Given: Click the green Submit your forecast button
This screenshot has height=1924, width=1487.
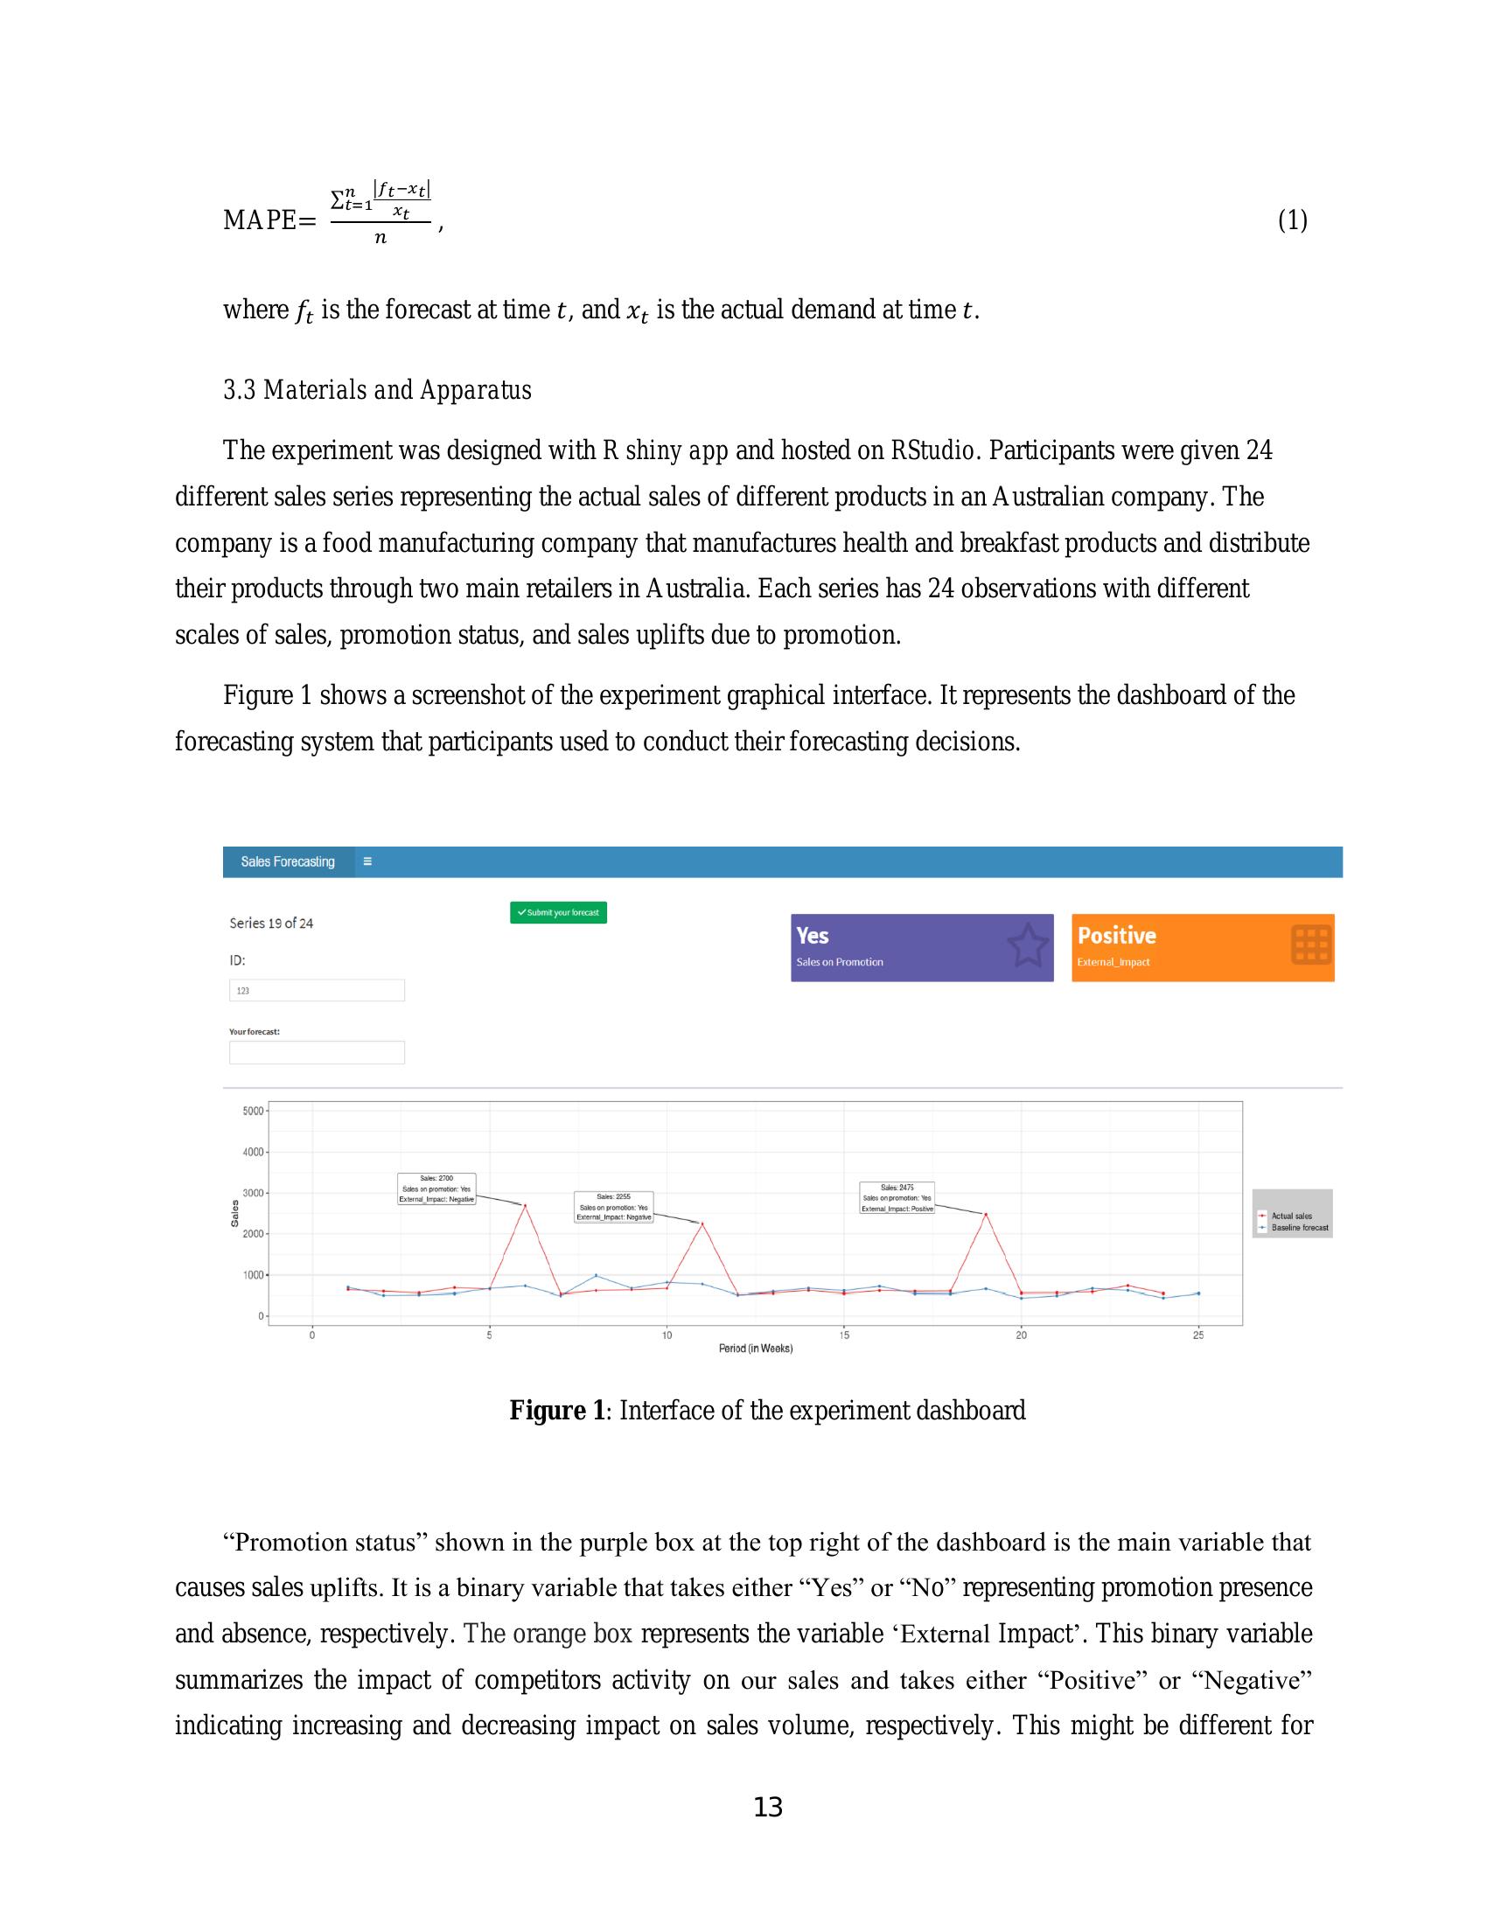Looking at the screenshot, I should pos(558,913).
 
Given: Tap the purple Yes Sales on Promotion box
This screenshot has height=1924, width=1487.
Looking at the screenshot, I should pos(920,947).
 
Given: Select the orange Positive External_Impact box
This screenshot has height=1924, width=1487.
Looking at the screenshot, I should pos(1202,947).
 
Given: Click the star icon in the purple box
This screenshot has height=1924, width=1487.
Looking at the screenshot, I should pos(1027,945).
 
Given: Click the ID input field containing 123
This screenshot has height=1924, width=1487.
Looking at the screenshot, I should pos(317,990).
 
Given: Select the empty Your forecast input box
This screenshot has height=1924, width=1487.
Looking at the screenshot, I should pos(317,1052).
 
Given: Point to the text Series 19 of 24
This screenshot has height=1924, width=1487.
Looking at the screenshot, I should pos(271,924).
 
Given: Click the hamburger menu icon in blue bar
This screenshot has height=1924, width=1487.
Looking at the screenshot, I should pos(367,861).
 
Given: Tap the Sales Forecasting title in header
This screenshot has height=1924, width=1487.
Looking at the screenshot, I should pos(288,861).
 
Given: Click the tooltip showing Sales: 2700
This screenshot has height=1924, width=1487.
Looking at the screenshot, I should pos(437,1189).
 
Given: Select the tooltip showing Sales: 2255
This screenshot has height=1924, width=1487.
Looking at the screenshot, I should pos(613,1207).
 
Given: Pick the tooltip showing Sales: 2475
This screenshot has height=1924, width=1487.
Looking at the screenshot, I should pos(897,1198).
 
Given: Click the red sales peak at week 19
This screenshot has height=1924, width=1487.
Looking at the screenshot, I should pos(986,1214).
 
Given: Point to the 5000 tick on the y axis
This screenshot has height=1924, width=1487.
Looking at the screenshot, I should pos(253,1111).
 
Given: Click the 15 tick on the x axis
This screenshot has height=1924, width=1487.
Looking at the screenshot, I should pos(844,1335).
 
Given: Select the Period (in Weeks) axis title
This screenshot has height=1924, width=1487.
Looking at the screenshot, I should pos(755,1349).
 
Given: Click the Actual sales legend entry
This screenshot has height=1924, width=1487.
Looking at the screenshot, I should pos(1290,1216).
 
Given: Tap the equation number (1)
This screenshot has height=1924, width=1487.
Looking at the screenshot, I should pos(1292,220).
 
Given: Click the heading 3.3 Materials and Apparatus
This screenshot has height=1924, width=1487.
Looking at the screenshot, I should pos(377,390).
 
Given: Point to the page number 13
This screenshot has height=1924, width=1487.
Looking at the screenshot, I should pos(768,1808).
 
